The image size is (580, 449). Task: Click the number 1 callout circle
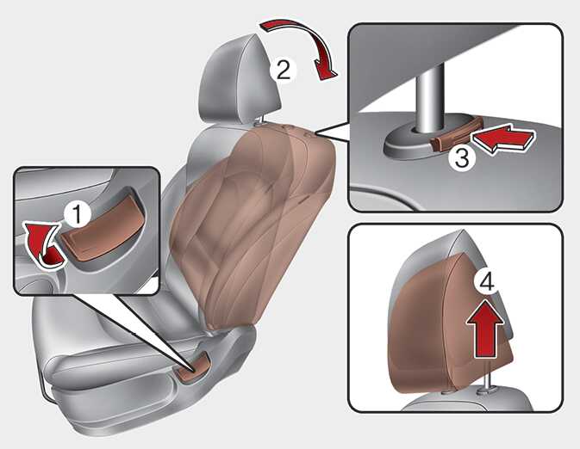[77, 214]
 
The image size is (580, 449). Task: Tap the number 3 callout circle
[462, 157]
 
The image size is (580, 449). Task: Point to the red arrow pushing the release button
[503, 139]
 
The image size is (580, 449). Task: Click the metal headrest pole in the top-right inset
[429, 99]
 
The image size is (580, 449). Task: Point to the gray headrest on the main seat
[240, 79]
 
